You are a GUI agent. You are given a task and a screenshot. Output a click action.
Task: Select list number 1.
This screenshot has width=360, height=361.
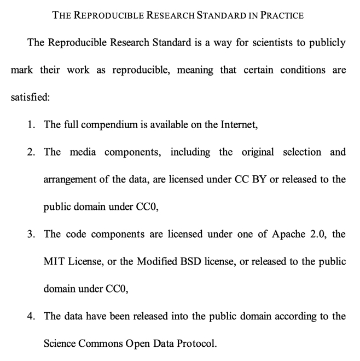[x=31, y=125]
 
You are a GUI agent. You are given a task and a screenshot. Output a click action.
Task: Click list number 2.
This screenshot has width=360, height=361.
[x=31, y=152]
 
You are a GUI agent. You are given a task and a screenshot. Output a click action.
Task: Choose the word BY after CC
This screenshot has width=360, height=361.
[x=258, y=180]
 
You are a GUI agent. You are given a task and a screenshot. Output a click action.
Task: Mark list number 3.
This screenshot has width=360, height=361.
[x=31, y=234]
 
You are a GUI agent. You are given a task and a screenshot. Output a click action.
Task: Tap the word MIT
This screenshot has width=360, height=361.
[x=54, y=262]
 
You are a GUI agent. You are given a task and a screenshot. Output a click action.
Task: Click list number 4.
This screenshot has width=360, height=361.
[x=31, y=317]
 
